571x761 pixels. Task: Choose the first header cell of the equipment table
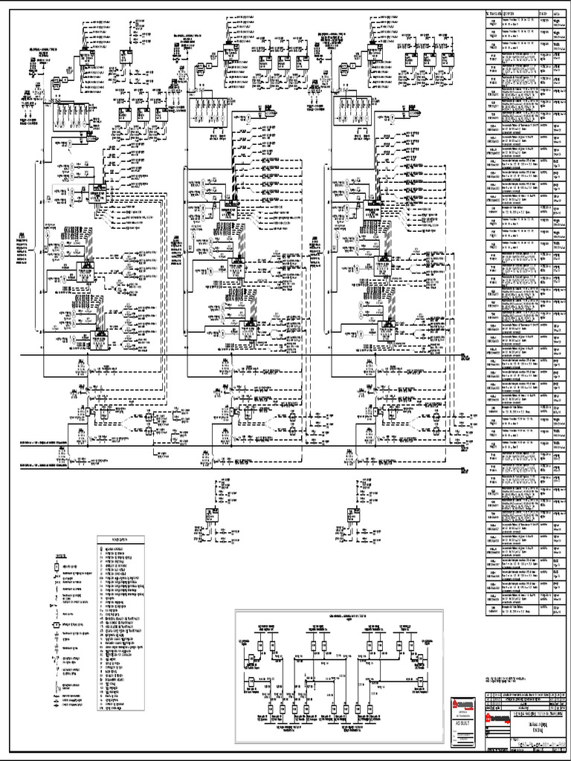[494, 13]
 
